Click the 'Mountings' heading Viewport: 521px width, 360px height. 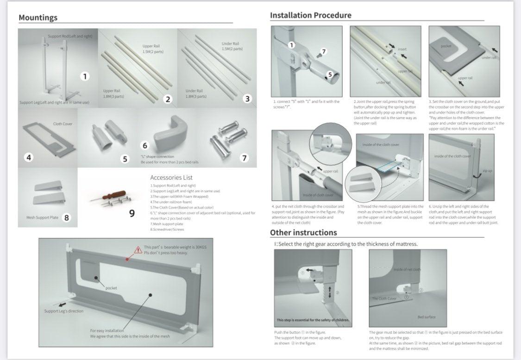[x=38, y=18]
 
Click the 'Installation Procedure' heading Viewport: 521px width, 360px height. [x=310, y=15]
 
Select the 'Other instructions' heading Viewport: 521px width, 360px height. [x=303, y=232]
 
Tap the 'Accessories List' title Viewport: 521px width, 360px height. [x=171, y=177]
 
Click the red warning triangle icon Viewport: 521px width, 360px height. [x=138, y=250]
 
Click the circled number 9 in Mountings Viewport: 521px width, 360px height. [x=132, y=213]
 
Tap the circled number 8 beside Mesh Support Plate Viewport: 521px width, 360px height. [x=67, y=217]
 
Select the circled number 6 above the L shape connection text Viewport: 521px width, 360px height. [x=145, y=146]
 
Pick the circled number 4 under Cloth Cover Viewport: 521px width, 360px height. [x=29, y=157]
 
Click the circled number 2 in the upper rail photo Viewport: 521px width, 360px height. [x=168, y=99]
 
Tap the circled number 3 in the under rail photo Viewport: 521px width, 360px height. [x=247, y=99]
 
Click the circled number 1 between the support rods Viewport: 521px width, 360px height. [x=85, y=76]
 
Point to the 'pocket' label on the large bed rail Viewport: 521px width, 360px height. [x=111, y=288]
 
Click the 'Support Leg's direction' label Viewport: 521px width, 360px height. [x=64, y=311]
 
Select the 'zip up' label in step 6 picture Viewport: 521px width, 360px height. [x=487, y=171]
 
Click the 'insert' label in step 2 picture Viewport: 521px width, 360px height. [x=402, y=49]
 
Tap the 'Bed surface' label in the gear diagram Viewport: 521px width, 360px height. [x=426, y=317]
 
